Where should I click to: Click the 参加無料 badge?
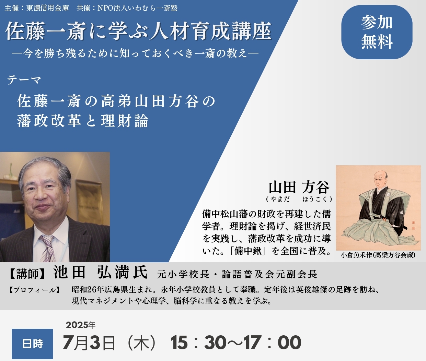(377, 32)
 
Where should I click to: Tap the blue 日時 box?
(32, 344)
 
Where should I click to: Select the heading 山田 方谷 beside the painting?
(299, 187)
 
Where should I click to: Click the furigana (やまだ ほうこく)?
(299, 199)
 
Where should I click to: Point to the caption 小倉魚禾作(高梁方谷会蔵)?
(378, 255)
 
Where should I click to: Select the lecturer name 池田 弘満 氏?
(100, 272)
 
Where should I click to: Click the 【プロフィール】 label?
(34, 290)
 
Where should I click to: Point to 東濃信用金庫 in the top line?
(48, 8)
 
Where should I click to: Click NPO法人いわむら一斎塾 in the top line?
(137, 8)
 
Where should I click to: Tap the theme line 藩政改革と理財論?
(83, 121)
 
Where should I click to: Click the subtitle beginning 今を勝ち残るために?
(135, 53)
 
